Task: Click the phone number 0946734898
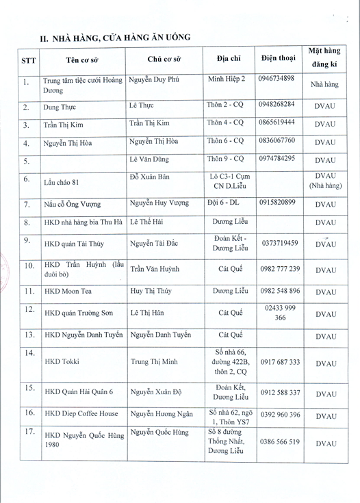277,78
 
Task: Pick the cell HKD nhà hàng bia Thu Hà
83,222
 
